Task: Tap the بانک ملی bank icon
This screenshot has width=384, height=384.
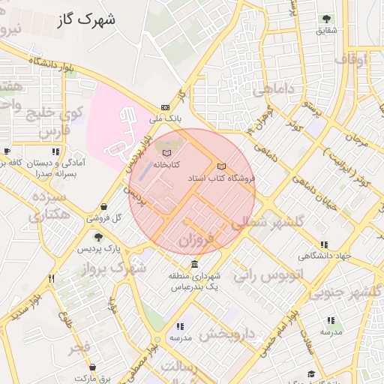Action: [166, 108]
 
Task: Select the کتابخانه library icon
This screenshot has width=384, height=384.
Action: [166, 153]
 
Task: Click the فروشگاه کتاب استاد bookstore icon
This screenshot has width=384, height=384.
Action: [220, 166]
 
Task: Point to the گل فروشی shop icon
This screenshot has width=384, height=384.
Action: [102, 207]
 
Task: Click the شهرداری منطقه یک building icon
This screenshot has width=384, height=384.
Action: [195, 265]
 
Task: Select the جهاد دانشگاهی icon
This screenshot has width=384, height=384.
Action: [324, 244]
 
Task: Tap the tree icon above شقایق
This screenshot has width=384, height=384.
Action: [326, 19]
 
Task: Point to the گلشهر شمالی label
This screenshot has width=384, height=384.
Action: [267, 223]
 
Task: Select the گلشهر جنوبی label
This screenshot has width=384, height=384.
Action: [353, 291]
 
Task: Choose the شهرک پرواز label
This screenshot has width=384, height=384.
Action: [117, 268]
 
